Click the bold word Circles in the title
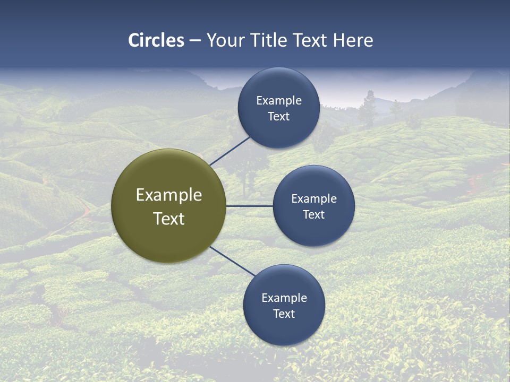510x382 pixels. (156, 40)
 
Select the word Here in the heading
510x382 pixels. (353, 40)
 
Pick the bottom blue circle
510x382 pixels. (284, 329)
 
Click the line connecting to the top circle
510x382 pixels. (229, 151)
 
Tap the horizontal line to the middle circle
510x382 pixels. (250, 206)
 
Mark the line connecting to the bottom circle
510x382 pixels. (232, 261)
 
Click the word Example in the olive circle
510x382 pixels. (169, 195)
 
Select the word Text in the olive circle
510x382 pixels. (169, 219)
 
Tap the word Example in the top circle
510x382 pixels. (279, 101)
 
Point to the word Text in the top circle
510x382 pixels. (279, 117)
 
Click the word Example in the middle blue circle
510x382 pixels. (314, 199)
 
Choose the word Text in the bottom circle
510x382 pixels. (284, 314)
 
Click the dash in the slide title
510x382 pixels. (195, 40)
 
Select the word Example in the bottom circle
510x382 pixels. (284, 298)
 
